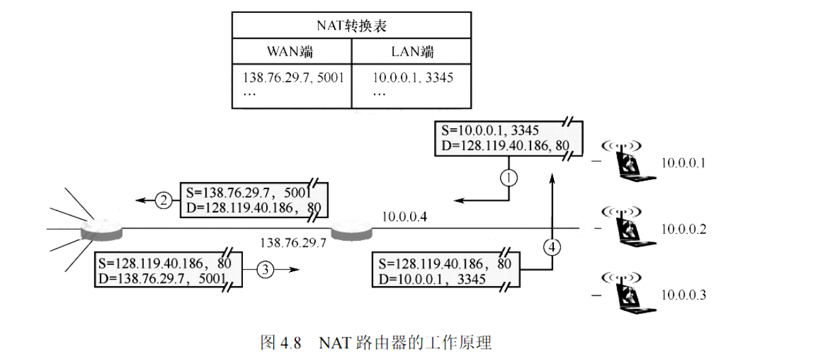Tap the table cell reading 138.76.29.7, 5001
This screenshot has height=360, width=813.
coord(293,78)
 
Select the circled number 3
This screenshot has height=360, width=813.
coord(266,270)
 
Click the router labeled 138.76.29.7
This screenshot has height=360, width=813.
coord(352,229)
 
